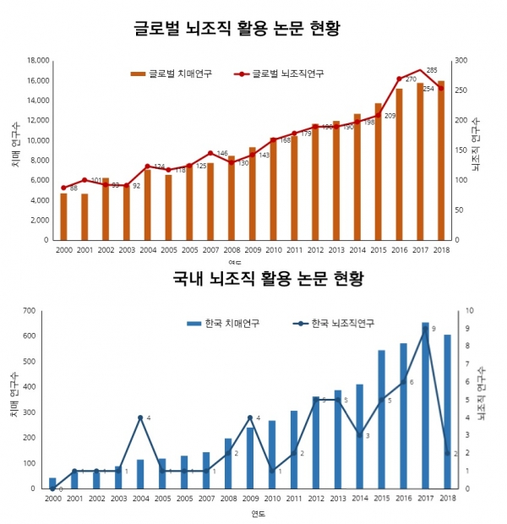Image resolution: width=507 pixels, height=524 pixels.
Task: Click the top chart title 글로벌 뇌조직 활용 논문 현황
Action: (x=253, y=28)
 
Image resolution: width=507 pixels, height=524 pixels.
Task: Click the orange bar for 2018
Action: (x=440, y=161)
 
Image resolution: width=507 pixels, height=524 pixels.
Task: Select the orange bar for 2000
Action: (x=63, y=216)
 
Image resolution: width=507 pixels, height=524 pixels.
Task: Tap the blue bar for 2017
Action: (x=426, y=406)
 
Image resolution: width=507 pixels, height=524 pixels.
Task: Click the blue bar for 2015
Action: (x=382, y=419)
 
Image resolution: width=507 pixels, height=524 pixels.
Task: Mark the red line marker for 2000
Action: (x=63, y=188)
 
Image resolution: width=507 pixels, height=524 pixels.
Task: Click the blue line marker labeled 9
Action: (x=426, y=329)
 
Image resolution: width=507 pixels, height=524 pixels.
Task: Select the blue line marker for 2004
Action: (x=140, y=418)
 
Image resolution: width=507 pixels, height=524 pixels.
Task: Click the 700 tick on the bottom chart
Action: (x=27, y=311)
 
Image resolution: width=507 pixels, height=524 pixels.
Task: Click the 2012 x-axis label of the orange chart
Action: (x=314, y=250)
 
